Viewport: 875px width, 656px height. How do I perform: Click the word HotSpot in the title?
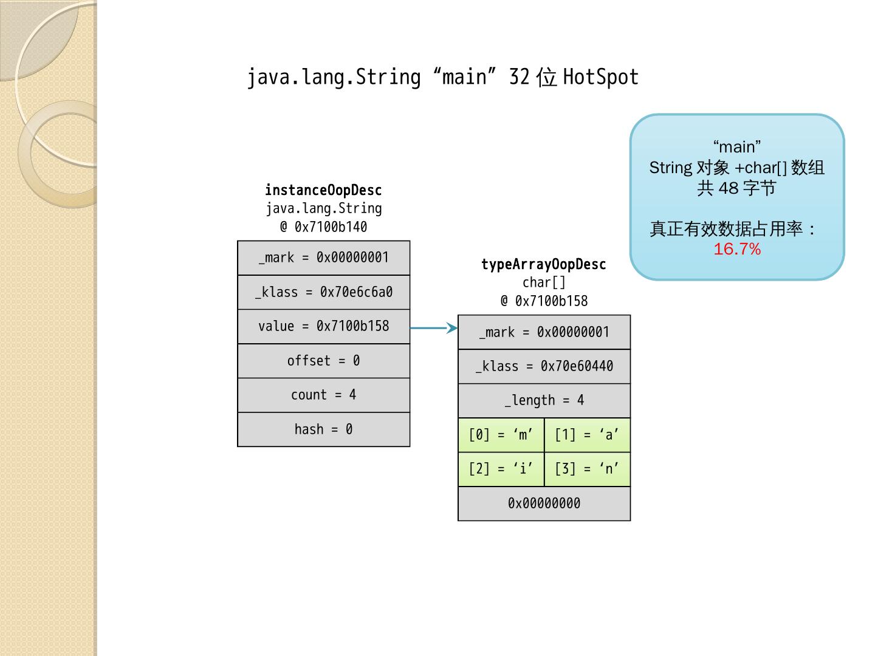tap(600, 78)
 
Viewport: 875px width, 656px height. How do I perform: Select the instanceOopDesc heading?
tap(323, 190)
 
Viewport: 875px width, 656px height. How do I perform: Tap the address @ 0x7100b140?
tap(323, 227)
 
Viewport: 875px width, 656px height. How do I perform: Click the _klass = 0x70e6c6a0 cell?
tap(323, 292)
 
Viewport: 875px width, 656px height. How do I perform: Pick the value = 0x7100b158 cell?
tap(323, 327)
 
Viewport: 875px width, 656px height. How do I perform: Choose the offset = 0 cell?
tap(323, 361)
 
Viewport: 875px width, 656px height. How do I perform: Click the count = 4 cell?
tap(323, 395)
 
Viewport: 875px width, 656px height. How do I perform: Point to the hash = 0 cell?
tap(323, 429)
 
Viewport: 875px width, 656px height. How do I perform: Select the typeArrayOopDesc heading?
tap(543, 264)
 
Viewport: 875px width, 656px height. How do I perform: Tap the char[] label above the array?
tap(544, 282)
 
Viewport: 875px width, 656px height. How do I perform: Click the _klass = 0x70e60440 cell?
tap(544, 366)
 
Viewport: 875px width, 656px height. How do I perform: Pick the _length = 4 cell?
tap(544, 400)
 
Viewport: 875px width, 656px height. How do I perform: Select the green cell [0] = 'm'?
tap(501, 435)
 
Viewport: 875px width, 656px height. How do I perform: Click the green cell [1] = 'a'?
tap(587, 435)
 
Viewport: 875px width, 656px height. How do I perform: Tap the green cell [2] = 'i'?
tap(501, 469)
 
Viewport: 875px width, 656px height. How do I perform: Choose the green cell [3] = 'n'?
tap(587, 469)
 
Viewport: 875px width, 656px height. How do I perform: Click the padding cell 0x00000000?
tap(544, 504)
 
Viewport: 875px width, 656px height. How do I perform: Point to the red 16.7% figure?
tap(737, 249)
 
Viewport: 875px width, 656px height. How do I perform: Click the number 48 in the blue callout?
tap(728, 188)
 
